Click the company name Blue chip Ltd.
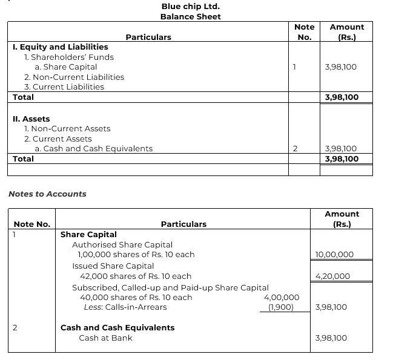190,6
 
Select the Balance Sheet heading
190,16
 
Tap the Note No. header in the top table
304,31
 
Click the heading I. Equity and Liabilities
61,47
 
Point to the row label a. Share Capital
66,67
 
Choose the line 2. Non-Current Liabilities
74,77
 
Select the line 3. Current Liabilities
64,87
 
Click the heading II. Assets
31,119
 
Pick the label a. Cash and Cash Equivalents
94,148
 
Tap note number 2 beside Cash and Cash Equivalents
295,148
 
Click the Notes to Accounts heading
47,194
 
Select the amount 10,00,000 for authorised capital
335,255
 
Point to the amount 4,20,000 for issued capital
333,277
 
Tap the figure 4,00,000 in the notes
282,297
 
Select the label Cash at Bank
105,338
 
